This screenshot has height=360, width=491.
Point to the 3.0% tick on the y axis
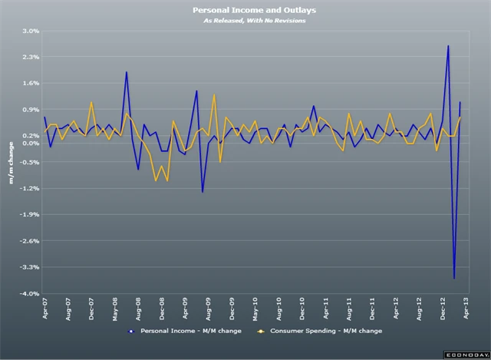tap(29, 31)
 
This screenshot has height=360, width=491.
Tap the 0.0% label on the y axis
tap(29, 144)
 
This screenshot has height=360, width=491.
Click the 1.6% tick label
tap(29, 83)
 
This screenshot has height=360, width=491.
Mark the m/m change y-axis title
tap(11, 163)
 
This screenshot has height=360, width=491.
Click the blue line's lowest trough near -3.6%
tap(454, 278)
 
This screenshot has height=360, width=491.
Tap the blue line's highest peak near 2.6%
tap(448, 46)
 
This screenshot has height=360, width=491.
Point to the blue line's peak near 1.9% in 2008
tap(127, 72)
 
